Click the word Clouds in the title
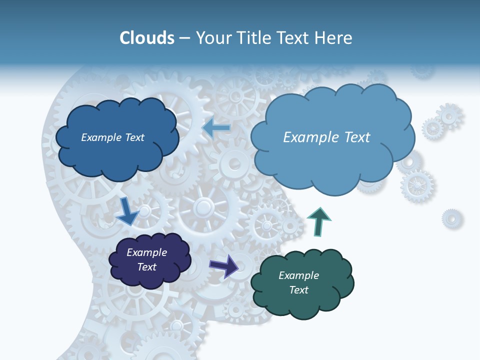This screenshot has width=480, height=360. click(147, 38)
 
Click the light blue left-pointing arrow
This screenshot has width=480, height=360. click(216, 128)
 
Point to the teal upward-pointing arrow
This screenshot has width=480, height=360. click(318, 221)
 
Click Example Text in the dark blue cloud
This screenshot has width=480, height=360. click(112, 137)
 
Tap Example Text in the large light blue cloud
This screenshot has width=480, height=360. click(326, 137)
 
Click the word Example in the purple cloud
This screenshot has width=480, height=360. click(146, 252)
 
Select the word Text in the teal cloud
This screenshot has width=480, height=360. click(298, 290)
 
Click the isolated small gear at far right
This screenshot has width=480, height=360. click(451, 218)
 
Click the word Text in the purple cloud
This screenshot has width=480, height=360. click(146, 267)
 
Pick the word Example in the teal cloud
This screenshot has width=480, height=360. click(298, 275)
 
